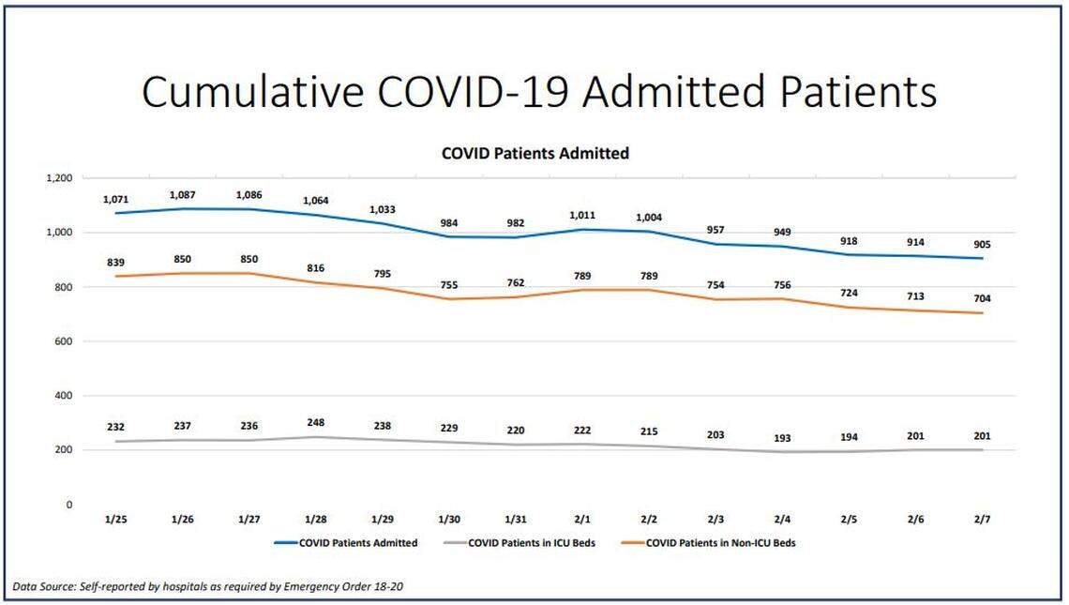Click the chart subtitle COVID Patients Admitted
coord(534,153)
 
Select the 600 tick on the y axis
coord(62,341)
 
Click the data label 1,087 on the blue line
coord(182,195)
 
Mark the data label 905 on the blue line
coord(982,245)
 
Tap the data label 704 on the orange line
coord(982,298)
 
